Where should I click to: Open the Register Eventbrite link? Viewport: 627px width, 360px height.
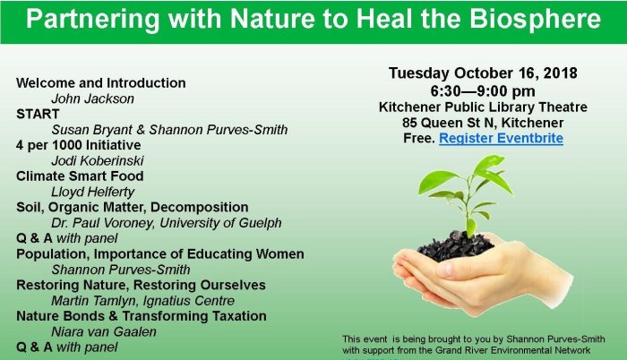501,139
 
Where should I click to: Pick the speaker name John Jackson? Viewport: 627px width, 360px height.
89,99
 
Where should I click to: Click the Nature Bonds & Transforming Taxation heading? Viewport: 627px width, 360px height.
141,315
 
